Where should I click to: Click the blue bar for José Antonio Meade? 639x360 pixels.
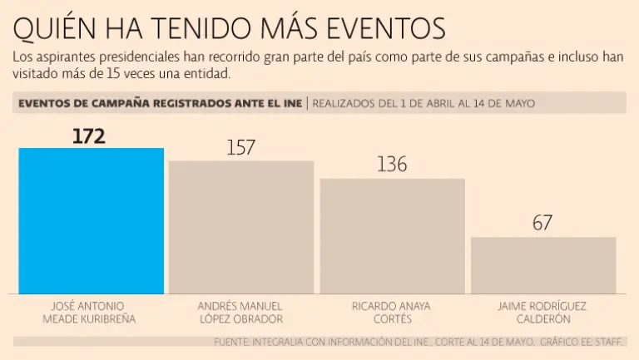(92, 220)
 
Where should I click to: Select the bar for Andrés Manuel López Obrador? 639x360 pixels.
(241, 227)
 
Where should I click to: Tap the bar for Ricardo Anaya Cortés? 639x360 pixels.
(392, 236)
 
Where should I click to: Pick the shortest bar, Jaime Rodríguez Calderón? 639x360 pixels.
(543, 265)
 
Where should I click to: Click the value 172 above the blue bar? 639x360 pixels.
(89, 136)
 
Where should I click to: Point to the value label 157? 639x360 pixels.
(240, 148)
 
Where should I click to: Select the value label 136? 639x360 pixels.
(392, 165)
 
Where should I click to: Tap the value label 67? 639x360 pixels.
(542, 223)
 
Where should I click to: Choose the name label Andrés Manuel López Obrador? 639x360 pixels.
(241, 312)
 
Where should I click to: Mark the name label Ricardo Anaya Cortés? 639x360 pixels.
(392, 312)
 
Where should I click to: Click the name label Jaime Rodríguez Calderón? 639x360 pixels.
(542, 312)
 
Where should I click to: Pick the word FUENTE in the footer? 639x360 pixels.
(235, 342)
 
